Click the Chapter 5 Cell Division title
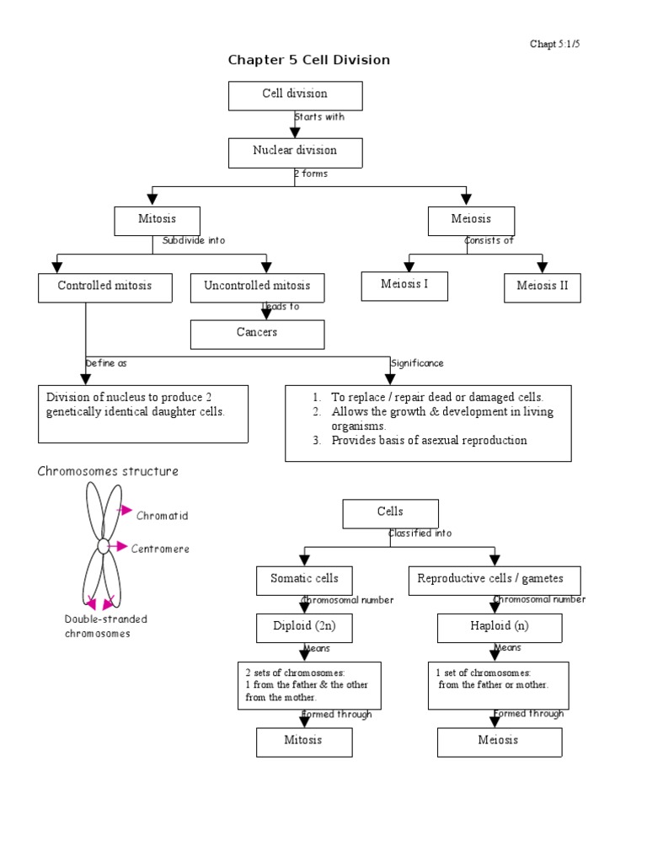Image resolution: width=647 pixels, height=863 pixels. pyautogui.click(x=309, y=60)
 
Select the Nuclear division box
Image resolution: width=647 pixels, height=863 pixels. pyautogui.click(x=295, y=152)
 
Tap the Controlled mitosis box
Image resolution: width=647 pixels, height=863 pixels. pyautogui.click(x=104, y=287)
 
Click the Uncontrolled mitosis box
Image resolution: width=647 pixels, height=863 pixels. pyautogui.click(x=257, y=287)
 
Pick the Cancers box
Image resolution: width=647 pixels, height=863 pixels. pyautogui.click(x=257, y=334)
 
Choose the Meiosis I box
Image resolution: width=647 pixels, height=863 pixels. pyautogui.click(x=404, y=286)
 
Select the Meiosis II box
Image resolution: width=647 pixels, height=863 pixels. pyautogui.click(x=543, y=287)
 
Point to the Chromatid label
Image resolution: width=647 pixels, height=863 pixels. pyautogui.click(x=163, y=516)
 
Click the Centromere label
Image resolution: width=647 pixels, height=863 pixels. pyautogui.click(x=160, y=549)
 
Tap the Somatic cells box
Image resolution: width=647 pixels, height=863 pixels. pyautogui.click(x=304, y=580)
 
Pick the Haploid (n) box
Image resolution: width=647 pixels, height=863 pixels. pyautogui.click(x=499, y=628)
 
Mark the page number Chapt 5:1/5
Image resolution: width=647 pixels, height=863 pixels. pyautogui.click(x=553, y=44)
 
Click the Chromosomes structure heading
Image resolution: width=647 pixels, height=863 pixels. pyautogui.click(x=108, y=472)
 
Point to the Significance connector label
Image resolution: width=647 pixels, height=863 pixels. pyautogui.click(x=417, y=363)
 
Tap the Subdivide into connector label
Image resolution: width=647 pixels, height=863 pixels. pyautogui.click(x=194, y=240)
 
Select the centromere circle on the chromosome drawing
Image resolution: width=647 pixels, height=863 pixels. pyautogui.click(x=103, y=546)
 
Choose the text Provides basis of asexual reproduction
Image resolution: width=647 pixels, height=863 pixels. pyautogui.click(x=429, y=441)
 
